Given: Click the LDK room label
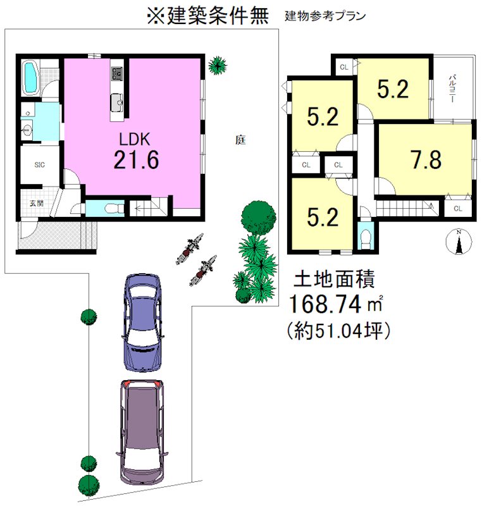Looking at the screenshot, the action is pyautogui.click(x=135, y=139).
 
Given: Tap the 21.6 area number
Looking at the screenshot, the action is pyautogui.click(x=136, y=160).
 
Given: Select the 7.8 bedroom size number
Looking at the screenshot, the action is pyautogui.click(x=426, y=160).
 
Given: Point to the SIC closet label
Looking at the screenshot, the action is pyautogui.click(x=39, y=165).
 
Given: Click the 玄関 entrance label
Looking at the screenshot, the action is pyautogui.click(x=37, y=203).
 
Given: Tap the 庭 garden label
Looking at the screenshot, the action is pyautogui.click(x=240, y=140).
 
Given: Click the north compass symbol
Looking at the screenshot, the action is pyautogui.click(x=459, y=241).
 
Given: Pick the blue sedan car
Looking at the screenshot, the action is pyautogui.click(x=142, y=323).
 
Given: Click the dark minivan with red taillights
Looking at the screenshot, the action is pyautogui.click(x=142, y=432).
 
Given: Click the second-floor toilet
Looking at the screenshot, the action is pyautogui.click(x=365, y=239).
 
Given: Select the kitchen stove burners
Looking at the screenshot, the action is pyautogui.click(x=116, y=74).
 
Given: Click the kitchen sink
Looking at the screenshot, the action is pyautogui.click(x=117, y=102).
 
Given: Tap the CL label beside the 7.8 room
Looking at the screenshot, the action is pyautogui.click(x=458, y=209).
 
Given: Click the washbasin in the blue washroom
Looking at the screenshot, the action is pyautogui.click(x=27, y=129).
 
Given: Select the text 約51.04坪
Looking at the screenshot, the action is pyautogui.click(x=339, y=331).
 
